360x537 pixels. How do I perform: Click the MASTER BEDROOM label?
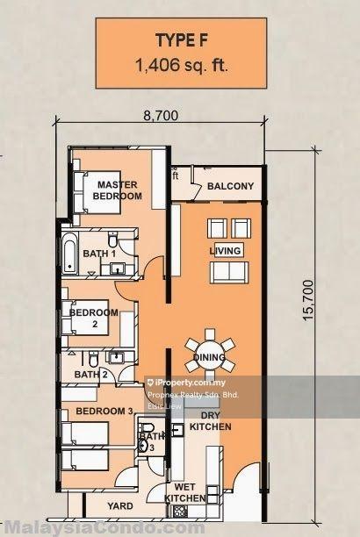coord(119,190)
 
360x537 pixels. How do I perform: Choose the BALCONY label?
coord(231,186)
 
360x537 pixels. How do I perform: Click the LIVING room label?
coord(225,252)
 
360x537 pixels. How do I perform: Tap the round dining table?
coord(210,351)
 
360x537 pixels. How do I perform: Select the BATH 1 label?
coord(99,254)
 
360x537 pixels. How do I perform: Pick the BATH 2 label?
coord(90,374)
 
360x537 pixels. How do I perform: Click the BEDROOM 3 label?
coord(104,411)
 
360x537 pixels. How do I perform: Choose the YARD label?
coord(120,506)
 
